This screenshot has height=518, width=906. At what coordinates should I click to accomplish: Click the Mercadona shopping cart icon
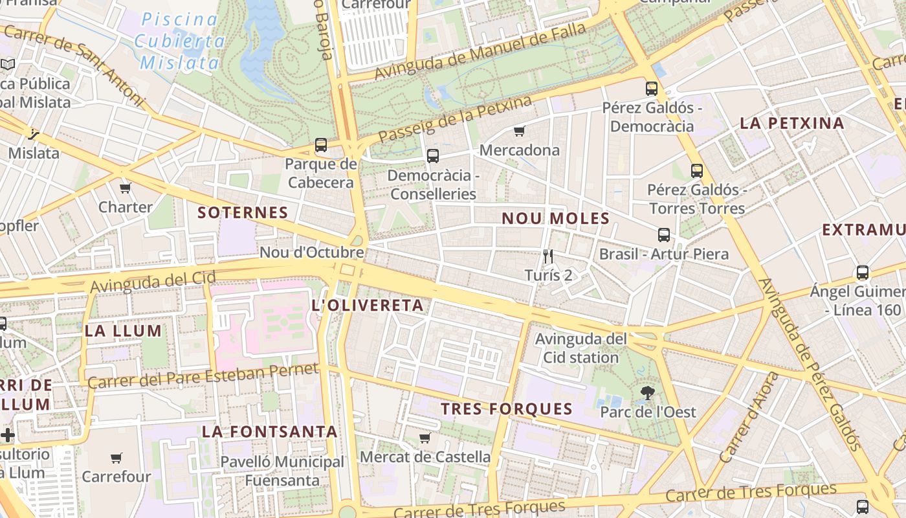(519, 131)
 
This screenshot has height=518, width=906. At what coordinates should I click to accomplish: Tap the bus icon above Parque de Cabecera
(321, 145)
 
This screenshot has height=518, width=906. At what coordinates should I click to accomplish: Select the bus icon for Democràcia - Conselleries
(433, 156)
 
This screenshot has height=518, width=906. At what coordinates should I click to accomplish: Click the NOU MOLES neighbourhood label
(555, 219)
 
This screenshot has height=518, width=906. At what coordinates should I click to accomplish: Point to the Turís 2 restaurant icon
(548, 256)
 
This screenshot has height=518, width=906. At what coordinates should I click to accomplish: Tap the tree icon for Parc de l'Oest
(646, 392)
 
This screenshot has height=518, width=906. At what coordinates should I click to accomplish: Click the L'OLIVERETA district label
(368, 306)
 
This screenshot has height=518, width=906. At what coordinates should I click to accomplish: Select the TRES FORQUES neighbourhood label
(507, 409)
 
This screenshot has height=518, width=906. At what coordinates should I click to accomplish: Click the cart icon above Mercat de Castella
(425, 438)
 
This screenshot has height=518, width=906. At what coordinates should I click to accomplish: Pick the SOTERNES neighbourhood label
(243, 213)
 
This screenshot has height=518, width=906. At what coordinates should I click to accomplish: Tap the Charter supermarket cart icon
(126, 188)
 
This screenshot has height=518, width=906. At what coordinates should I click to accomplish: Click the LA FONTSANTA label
(270, 432)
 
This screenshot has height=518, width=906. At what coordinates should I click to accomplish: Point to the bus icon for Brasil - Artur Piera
(664, 235)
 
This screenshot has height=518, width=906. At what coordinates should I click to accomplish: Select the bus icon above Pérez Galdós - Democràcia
(652, 89)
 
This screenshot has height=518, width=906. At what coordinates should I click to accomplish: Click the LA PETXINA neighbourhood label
(791, 124)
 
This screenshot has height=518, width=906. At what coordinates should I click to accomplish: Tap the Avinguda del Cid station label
(580, 348)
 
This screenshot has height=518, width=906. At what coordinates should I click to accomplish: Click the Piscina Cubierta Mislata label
(180, 41)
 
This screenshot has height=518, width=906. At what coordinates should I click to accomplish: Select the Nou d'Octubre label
(312, 253)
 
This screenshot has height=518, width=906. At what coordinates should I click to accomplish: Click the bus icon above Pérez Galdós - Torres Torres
(697, 171)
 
